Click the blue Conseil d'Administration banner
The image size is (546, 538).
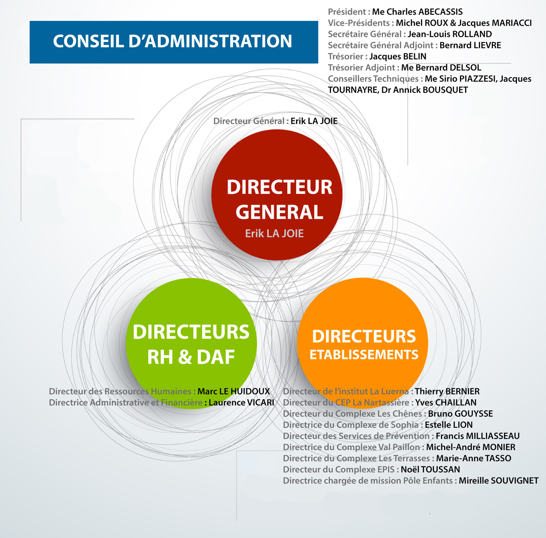[174, 42]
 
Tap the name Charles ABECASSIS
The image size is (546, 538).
[425, 12]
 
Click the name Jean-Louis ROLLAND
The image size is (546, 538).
[450, 34]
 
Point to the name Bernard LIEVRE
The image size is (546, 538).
[470, 45]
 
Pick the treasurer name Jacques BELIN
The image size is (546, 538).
[398, 57]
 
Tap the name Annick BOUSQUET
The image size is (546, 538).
[431, 90]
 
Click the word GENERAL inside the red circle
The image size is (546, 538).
[279, 212]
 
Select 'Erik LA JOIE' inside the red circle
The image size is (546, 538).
[274, 234]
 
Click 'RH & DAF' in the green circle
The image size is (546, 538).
[191, 357]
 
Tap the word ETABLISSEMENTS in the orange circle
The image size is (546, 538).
[364, 355]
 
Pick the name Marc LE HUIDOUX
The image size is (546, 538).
[234, 391]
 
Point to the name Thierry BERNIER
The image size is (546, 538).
[447, 391]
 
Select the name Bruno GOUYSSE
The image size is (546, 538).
[460, 414]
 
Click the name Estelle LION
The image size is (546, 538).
[449, 425]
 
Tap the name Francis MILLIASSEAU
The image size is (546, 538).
[478, 436]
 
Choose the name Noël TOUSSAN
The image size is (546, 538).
[430, 470]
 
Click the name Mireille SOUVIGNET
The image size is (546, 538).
[499, 481]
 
